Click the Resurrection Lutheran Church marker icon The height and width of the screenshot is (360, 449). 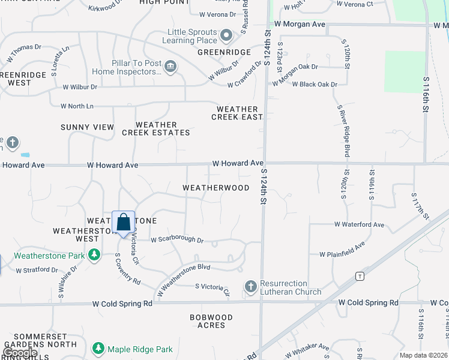pos(251,287)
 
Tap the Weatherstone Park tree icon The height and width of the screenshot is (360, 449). pos(94,256)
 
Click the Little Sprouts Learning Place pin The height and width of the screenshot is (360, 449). pos(226,36)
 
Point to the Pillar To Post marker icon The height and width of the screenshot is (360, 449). pos(170,66)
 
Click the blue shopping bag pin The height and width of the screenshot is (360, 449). pos(123,223)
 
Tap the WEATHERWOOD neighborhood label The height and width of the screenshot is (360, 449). pos(215,188)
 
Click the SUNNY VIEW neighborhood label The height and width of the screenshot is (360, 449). pos(87,127)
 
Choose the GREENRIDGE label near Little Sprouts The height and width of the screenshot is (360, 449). pos(224,52)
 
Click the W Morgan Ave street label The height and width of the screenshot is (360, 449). pos(300,24)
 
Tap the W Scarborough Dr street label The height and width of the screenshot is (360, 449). pos(177,240)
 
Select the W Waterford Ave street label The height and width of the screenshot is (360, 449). pos(359,224)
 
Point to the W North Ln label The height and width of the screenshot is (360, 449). pos(77,106)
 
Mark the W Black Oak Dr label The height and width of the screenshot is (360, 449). pos(315,85)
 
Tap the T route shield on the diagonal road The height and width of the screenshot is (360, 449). pos(360,276)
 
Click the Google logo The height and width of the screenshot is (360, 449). pos(19,353)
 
